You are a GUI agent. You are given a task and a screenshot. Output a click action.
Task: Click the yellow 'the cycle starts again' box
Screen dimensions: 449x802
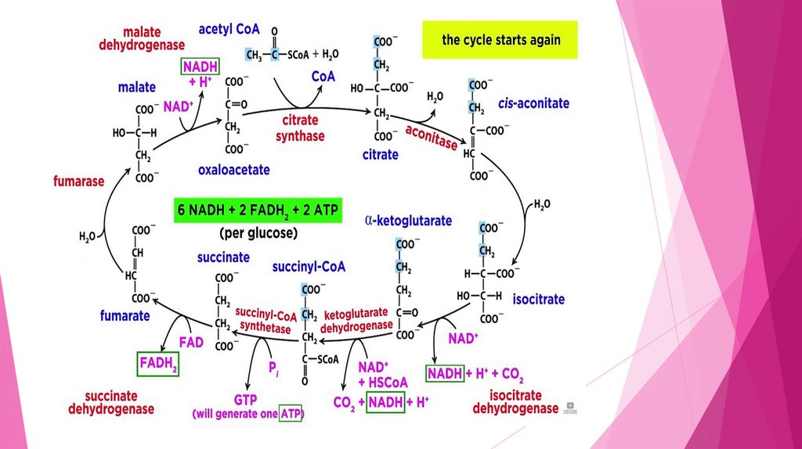(500, 40)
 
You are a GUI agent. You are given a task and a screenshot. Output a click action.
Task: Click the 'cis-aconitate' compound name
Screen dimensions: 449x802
(534, 104)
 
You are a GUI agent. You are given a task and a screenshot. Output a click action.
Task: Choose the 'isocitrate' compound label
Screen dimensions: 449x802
(539, 300)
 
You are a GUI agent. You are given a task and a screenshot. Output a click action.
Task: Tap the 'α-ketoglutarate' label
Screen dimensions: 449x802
(408, 221)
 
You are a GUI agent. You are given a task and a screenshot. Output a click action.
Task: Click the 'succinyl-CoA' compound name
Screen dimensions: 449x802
(309, 266)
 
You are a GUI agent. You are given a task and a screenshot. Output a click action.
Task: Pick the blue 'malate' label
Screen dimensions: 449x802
(137, 88)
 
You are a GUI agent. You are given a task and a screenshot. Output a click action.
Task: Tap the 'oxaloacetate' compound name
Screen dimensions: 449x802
(233, 169)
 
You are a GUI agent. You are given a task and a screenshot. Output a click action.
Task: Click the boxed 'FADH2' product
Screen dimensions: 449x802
(158, 363)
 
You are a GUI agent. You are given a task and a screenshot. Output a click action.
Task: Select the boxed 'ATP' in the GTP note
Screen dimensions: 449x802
(291, 413)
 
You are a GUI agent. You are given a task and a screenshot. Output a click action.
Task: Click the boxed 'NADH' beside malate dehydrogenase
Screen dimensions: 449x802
(200, 66)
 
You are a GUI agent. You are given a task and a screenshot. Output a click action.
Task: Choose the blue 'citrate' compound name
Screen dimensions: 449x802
(380, 155)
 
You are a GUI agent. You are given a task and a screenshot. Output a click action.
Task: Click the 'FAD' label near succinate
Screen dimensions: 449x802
(191, 342)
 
